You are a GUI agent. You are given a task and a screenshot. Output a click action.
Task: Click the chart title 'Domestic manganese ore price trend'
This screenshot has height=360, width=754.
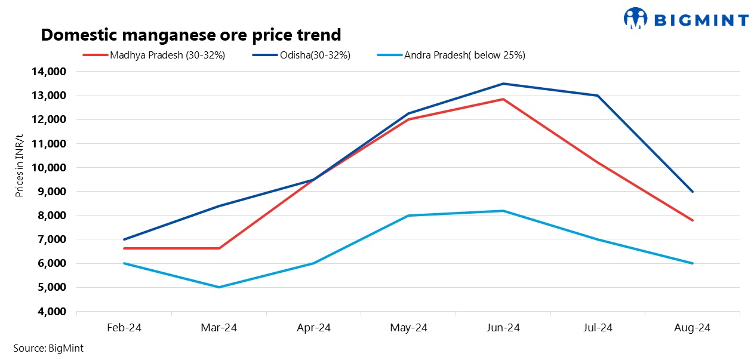(x=190, y=35)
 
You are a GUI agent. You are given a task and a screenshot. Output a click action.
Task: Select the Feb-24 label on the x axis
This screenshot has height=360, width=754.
(x=124, y=328)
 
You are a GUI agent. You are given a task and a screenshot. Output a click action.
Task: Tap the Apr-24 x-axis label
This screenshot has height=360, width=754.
(x=313, y=328)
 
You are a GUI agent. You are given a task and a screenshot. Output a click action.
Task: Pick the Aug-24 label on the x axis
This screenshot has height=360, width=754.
(x=693, y=328)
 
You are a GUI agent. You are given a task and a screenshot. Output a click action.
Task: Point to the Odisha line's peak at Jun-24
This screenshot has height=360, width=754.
(x=503, y=84)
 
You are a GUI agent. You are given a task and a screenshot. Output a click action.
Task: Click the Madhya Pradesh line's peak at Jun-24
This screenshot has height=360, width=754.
(x=503, y=99)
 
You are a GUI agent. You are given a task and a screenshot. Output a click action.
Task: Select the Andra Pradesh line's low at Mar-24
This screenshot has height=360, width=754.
(x=219, y=287)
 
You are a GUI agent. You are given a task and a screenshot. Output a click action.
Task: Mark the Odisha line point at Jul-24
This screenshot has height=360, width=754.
(x=598, y=96)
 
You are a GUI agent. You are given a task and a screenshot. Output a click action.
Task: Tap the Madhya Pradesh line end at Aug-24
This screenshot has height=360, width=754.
(x=693, y=220)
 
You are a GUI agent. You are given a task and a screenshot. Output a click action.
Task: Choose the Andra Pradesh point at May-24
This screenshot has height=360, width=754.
(x=408, y=216)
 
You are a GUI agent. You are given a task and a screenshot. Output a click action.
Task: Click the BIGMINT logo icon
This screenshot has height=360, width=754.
(x=635, y=18)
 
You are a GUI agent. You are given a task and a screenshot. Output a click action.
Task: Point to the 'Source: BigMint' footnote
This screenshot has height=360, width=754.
(x=48, y=348)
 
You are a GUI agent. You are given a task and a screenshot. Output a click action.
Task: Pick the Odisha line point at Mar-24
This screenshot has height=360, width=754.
(x=219, y=206)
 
